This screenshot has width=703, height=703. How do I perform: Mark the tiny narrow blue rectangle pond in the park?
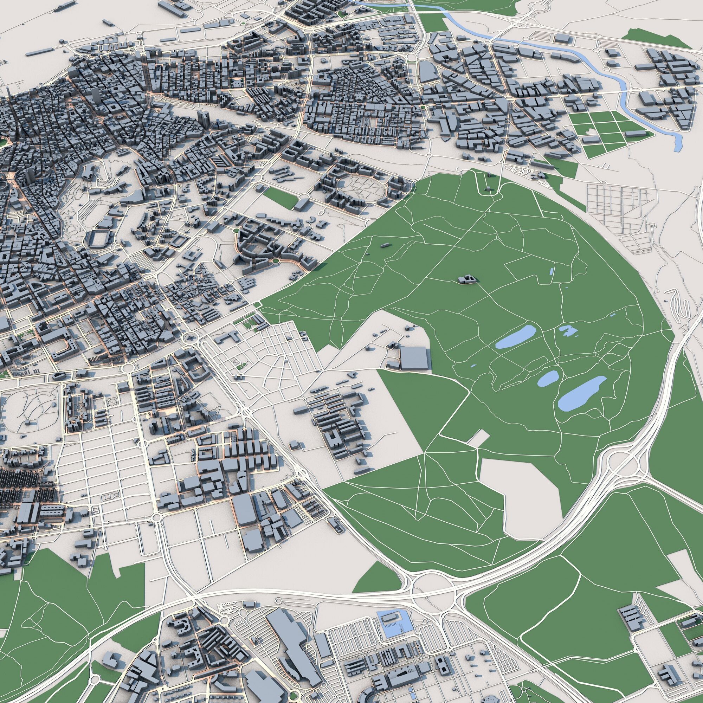point(551,271)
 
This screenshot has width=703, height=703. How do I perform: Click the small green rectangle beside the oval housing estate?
point(280,198)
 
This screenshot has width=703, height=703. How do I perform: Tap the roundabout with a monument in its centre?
point(189,337)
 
